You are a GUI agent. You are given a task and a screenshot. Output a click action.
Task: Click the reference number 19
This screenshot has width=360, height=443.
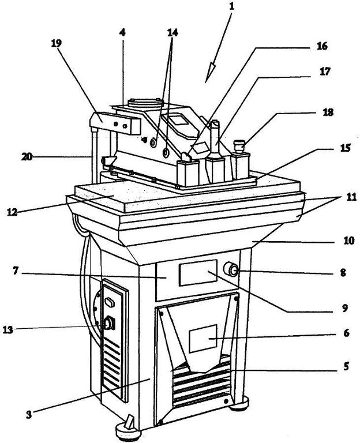click(x=56, y=43)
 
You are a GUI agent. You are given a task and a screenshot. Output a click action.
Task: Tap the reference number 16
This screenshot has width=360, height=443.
click(x=322, y=46)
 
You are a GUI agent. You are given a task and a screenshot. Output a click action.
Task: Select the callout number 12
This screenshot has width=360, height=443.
click(x=13, y=212)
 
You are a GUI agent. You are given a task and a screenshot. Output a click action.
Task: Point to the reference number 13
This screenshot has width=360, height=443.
click(x=8, y=329)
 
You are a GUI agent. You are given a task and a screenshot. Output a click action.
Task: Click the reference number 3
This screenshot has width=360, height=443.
click(x=29, y=415)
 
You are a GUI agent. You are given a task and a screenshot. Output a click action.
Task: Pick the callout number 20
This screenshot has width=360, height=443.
click(x=27, y=157)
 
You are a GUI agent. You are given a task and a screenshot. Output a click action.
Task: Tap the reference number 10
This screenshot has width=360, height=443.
click(x=348, y=241)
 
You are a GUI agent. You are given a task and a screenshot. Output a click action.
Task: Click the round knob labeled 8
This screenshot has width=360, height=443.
click(x=231, y=269)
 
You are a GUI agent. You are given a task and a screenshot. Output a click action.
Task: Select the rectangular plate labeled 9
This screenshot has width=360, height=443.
click(x=198, y=273)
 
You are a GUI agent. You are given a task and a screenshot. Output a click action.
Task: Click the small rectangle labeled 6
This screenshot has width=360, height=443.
click(x=203, y=339)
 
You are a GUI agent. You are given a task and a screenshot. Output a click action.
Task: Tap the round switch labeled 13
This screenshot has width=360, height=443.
click(x=110, y=324)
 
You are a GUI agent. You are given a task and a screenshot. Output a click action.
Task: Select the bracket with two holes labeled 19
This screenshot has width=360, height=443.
click(x=115, y=123)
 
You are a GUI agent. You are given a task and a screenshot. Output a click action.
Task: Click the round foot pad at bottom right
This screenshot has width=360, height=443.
click(x=239, y=403)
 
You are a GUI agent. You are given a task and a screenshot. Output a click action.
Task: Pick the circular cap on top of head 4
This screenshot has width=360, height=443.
click(x=145, y=102)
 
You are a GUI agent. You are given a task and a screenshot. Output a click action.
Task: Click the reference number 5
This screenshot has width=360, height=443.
click(x=346, y=366)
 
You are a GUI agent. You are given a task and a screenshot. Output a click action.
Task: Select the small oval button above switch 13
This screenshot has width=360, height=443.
click(x=110, y=303)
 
